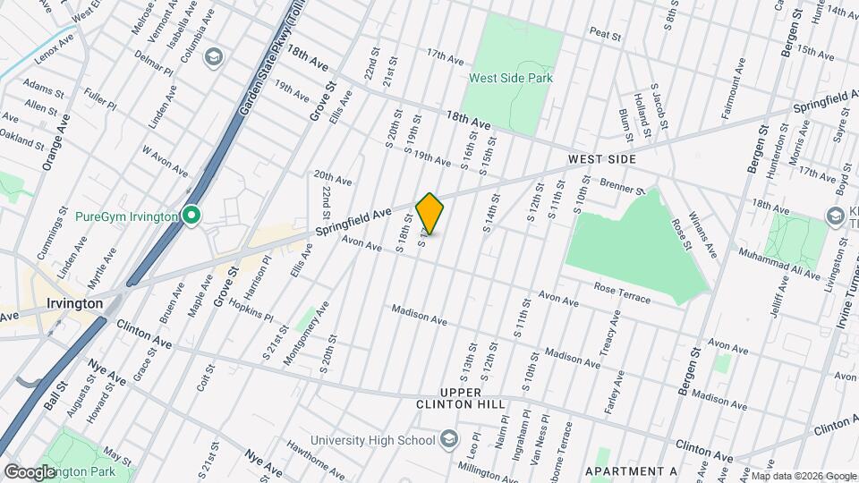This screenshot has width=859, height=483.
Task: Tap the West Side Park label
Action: coord(511,78)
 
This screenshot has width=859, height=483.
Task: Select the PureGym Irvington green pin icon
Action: coord(190,216)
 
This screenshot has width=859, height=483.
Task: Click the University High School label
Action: coord(371,439)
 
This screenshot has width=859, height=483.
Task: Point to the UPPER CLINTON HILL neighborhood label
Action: coord(473,399)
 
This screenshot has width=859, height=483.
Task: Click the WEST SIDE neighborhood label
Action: coord(602,159)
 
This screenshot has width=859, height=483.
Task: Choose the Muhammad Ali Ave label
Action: coord(778,265)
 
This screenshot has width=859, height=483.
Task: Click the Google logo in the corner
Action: coord(30,471)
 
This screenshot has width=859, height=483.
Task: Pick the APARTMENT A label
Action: coord(631,470)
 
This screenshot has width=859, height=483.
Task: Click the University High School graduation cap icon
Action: coord(449,439)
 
